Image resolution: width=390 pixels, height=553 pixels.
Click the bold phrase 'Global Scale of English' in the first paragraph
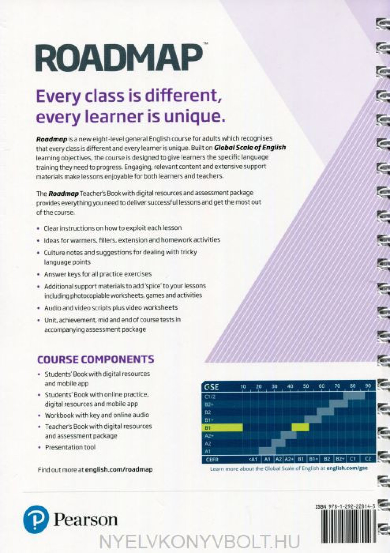(250, 148)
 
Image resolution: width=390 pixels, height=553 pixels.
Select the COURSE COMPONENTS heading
(96, 359)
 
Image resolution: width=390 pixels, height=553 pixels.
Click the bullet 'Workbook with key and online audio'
(97, 415)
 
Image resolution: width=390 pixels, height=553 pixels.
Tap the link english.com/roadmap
(118, 469)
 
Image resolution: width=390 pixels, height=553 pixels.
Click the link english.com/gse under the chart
(347, 468)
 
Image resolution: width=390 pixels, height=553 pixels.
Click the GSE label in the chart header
(211, 387)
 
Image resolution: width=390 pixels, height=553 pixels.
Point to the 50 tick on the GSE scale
(306, 387)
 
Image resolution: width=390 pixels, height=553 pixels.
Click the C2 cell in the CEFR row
(368, 459)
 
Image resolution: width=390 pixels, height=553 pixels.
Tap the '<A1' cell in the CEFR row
(253, 459)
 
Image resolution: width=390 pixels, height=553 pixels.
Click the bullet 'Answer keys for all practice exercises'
(98, 274)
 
